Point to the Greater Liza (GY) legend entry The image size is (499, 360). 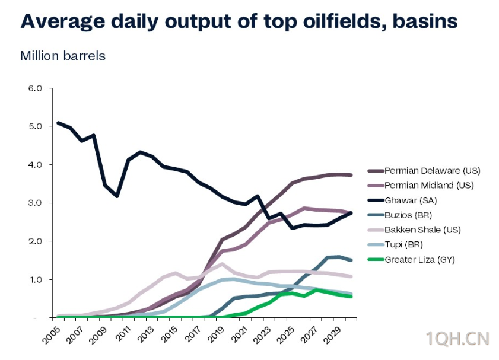pos(418,259)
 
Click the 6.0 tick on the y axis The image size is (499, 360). pos(36,88)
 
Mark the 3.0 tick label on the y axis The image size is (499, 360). pos(36,203)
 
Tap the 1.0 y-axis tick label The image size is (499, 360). pos(36,279)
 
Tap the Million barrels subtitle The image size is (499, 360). pos(63,56)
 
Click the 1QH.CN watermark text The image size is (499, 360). pos(457,339)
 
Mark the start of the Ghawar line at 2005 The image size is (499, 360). pos(58,123)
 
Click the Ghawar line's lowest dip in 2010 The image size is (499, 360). pos(117,196)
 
